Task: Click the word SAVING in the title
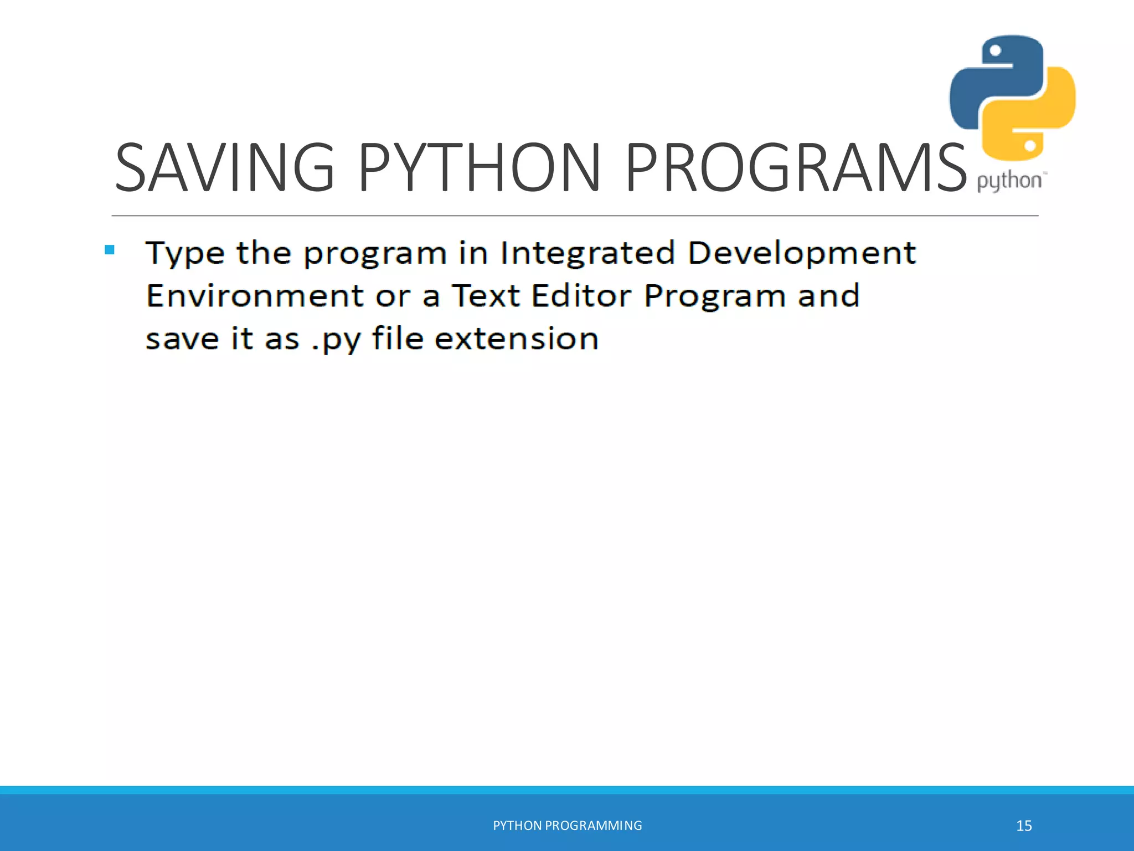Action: click(x=225, y=167)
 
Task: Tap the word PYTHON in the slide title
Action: click(x=480, y=167)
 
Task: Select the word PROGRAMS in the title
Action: click(x=795, y=167)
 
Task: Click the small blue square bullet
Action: click(x=110, y=250)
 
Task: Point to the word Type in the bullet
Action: click(x=185, y=254)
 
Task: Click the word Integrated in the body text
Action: click(x=587, y=253)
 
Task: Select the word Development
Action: click(x=802, y=254)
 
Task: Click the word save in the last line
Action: click(x=182, y=339)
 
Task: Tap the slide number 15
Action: click(x=1024, y=826)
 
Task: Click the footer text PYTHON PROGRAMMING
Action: click(x=568, y=826)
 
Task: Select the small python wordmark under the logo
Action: click(x=1009, y=181)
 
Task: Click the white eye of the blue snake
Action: click(x=995, y=51)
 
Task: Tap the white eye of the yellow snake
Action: click(x=1030, y=146)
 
